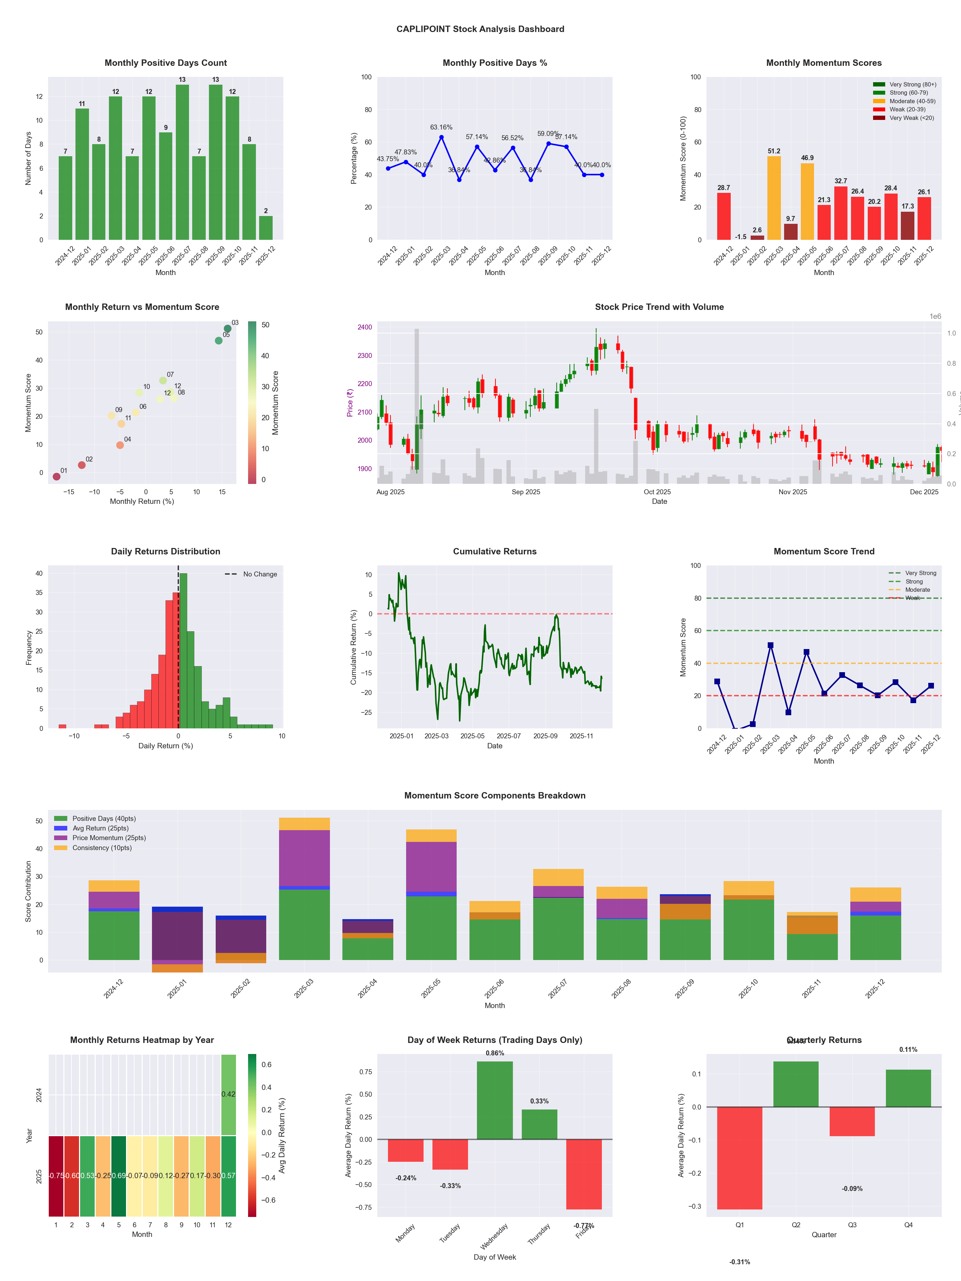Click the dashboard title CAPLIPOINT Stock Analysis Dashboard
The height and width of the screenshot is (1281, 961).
[480, 29]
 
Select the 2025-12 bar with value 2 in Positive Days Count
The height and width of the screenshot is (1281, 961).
[266, 228]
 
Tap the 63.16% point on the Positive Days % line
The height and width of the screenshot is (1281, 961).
[441, 137]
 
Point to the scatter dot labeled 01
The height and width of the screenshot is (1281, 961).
[56, 476]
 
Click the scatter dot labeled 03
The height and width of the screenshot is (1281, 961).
[228, 328]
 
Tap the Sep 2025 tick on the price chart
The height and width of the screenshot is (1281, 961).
[526, 492]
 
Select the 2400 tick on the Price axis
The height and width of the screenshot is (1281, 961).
[365, 327]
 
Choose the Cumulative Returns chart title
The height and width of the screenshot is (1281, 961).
[495, 551]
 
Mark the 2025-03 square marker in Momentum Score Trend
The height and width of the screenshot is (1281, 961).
[771, 645]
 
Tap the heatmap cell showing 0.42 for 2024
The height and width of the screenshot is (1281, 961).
[228, 1095]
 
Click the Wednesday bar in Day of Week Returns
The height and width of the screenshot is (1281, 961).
[495, 1100]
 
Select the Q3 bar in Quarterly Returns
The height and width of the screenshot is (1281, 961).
[852, 1121]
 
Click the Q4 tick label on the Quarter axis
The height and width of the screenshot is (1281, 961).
[908, 1225]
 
